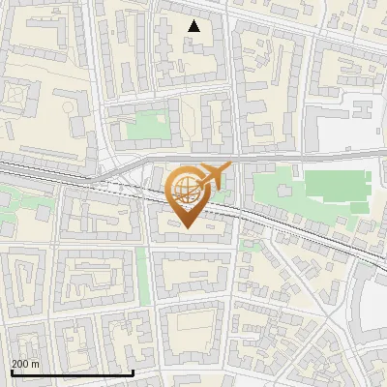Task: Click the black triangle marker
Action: pos(194,26)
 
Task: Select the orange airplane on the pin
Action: pos(214,175)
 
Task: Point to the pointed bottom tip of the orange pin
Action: pos(187,228)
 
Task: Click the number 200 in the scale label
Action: pos(20,364)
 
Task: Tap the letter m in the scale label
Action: pos(36,364)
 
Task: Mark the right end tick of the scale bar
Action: pos(133,372)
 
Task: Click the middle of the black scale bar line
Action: pos(72,373)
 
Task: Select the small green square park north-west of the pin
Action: pos(147,127)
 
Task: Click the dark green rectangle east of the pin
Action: pos(338,189)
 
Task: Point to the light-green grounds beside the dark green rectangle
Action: pos(281,179)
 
